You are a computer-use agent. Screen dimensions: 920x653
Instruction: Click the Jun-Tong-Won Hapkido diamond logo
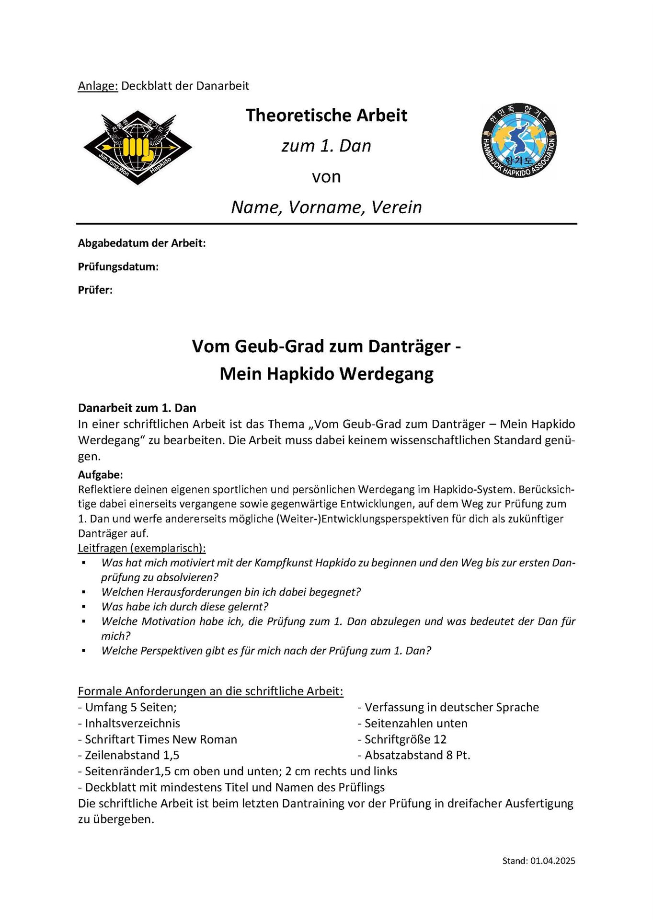[138, 148]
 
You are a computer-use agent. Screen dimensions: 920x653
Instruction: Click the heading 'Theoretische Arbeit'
[326, 115]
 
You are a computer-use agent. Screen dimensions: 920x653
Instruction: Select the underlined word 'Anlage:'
[98, 86]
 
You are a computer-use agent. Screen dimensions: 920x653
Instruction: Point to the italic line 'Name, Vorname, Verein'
[326, 207]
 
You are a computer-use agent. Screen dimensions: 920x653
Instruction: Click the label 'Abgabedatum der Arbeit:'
[142, 243]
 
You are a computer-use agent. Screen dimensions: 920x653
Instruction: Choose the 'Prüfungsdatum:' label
[118, 266]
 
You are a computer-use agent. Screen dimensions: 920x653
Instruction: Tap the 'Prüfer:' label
[95, 290]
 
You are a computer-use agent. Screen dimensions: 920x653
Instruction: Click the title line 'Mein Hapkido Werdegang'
[326, 374]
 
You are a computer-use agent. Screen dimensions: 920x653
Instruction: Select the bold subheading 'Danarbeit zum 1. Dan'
[137, 408]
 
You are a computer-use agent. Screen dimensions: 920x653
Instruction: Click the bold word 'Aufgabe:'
[101, 474]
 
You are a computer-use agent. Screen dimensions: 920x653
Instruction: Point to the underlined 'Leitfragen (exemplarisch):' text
[142, 548]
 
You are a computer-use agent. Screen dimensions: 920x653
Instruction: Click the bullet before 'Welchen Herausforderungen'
[84, 592]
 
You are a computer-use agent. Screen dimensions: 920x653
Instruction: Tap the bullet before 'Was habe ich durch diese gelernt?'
[84, 607]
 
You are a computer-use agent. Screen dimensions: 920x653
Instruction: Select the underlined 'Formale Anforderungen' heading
[210, 691]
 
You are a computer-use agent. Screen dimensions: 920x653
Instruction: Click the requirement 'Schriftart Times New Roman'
[158, 739]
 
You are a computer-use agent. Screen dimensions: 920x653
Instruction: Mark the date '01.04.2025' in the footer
[552, 861]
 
